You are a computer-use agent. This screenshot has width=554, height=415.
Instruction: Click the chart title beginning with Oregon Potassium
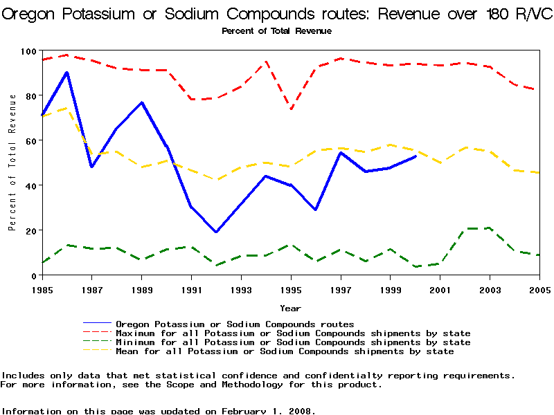pyautogui.click(x=276, y=15)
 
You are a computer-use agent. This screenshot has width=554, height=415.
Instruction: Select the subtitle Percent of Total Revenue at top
pyautogui.click(x=276, y=31)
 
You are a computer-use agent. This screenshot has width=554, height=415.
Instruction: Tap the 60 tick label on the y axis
pyautogui.click(x=30, y=140)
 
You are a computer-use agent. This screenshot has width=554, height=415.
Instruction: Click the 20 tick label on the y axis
pyautogui.click(x=30, y=230)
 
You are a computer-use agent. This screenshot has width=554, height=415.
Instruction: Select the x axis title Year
pyautogui.click(x=290, y=308)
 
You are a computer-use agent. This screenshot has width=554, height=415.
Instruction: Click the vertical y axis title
pyautogui.click(x=12, y=163)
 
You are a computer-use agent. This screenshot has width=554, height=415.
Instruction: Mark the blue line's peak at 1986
pyautogui.click(x=67, y=72)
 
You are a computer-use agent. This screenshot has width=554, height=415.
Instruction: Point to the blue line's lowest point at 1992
pyautogui.click(x=216, y=232)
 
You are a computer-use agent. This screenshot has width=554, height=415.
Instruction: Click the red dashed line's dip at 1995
pyautogui.click(x=291, y=109)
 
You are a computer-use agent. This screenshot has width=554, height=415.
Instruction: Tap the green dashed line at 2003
pyautogui.click(x=490, y=228)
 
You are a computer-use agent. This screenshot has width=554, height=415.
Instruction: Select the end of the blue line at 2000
pyautogui.click(x=415, y=156)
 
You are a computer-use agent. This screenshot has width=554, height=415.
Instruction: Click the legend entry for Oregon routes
pyautogui.click(x=235, y=324)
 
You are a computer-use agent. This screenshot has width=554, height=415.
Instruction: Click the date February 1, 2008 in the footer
pyautogui.click(x=267, y=411)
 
